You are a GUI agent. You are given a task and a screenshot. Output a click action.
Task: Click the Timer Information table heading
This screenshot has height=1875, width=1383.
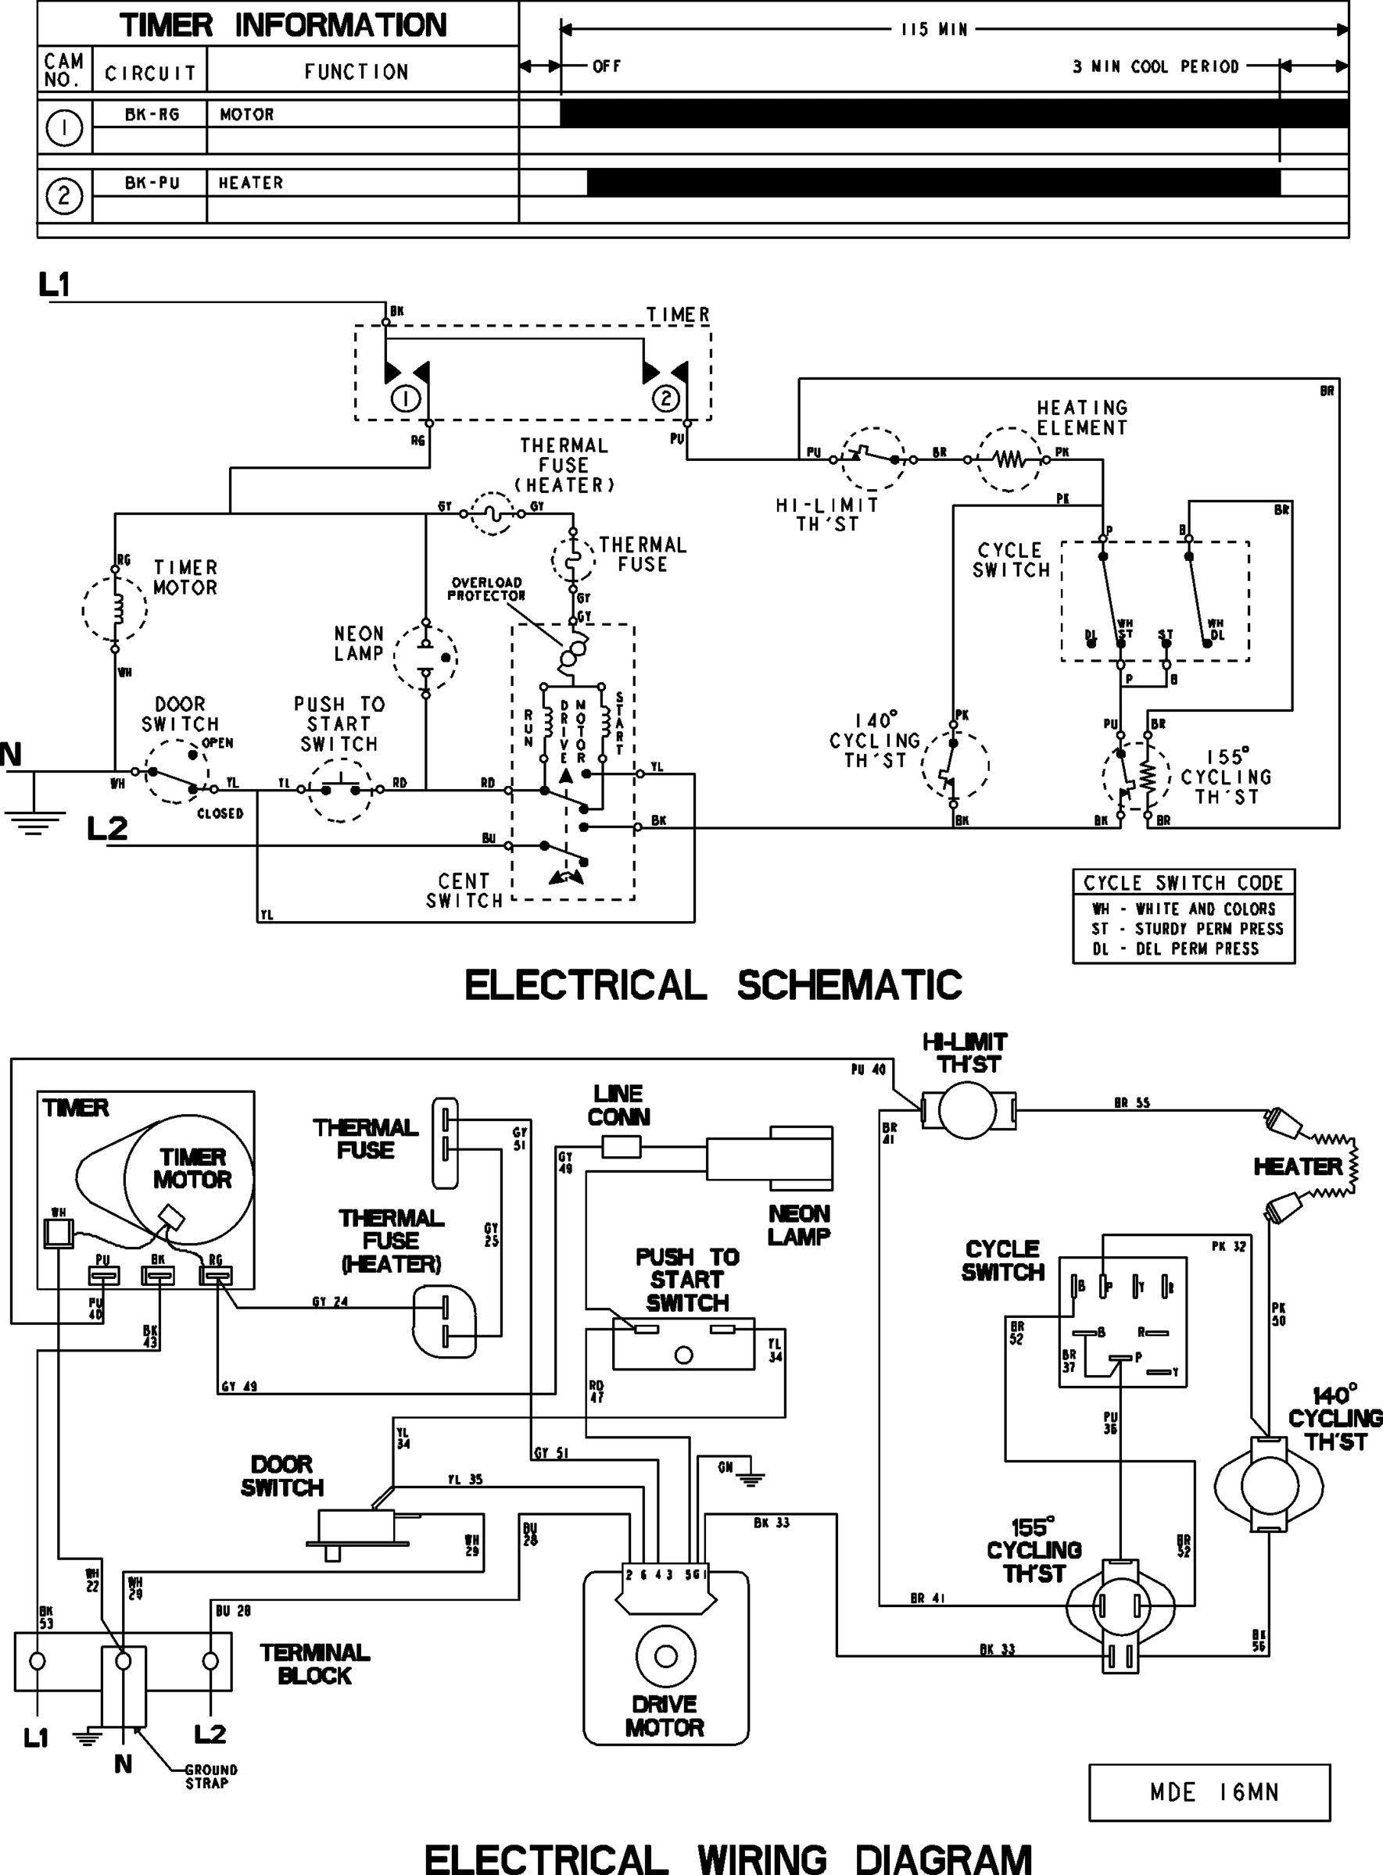click(282, 25)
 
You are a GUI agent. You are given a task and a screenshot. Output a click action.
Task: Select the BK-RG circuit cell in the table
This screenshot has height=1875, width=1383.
click(152, 115)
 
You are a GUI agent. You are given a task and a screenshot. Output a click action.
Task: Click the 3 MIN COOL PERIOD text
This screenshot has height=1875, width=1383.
click(1155, 67)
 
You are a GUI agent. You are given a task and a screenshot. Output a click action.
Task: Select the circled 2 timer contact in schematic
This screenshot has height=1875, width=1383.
click(665, 398)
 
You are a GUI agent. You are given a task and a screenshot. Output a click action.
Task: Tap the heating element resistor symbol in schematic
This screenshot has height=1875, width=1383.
click(1010, 459)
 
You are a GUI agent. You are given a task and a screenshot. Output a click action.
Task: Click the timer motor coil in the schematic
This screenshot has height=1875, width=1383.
click(116, 610)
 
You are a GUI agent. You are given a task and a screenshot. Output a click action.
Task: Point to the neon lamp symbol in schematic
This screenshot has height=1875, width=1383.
click(426, 657)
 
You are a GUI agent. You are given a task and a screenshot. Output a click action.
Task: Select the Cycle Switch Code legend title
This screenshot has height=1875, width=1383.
click(1183, 883)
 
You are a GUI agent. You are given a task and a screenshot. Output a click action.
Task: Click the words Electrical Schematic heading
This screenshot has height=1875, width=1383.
click(713, 985)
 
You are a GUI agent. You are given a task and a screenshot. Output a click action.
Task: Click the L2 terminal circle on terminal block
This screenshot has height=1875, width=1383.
click(210, 1660)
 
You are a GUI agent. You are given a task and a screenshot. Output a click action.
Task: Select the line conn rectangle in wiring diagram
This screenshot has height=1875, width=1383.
click(622, 1146)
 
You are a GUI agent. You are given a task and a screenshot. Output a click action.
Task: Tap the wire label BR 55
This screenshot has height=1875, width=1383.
click(1132, 1104)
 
